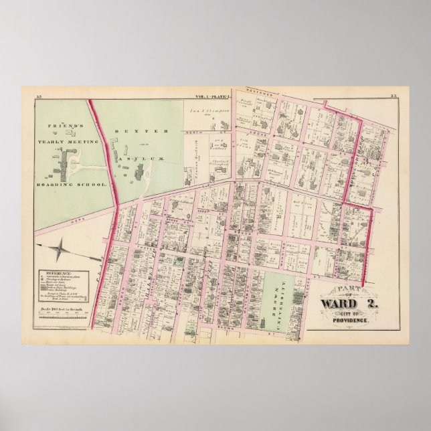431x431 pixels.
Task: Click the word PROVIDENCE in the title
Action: pyautogui.click(x=352, y=321)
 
